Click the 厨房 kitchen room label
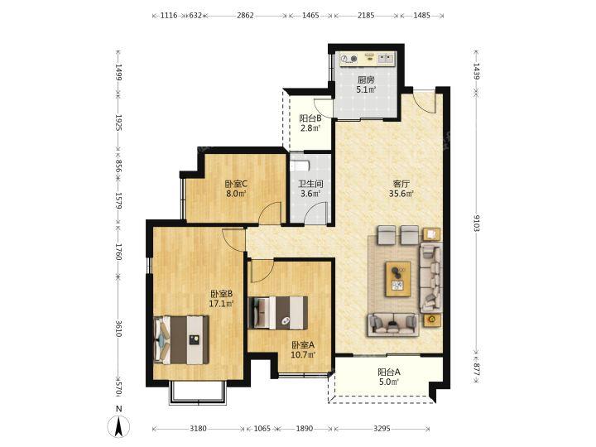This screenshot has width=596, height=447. coord(366,80)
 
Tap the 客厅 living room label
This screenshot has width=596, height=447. coord(401,185)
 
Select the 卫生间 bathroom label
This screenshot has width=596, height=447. coord(310,185)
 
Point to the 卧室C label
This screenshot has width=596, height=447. coord(236,185)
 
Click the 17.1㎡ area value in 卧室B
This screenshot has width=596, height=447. coord(221,303)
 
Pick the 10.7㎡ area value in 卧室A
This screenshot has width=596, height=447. coord(303,354)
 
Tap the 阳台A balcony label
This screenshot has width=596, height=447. coord(389,372)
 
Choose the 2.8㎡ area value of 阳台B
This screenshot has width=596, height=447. coord(310,128)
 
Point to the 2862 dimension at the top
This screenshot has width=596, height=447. coord(245,16)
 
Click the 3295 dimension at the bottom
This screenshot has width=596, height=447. coord(382,429)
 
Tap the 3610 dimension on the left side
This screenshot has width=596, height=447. coord(118,328)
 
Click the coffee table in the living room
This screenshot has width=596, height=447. coord(398,279)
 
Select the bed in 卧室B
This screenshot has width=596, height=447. coord(181,340)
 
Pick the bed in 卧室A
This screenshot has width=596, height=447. coord(278,313)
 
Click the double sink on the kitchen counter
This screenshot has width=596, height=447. coord(386,59)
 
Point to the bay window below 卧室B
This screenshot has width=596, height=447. coord(198,392)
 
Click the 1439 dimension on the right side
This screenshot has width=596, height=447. coord(477,70)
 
